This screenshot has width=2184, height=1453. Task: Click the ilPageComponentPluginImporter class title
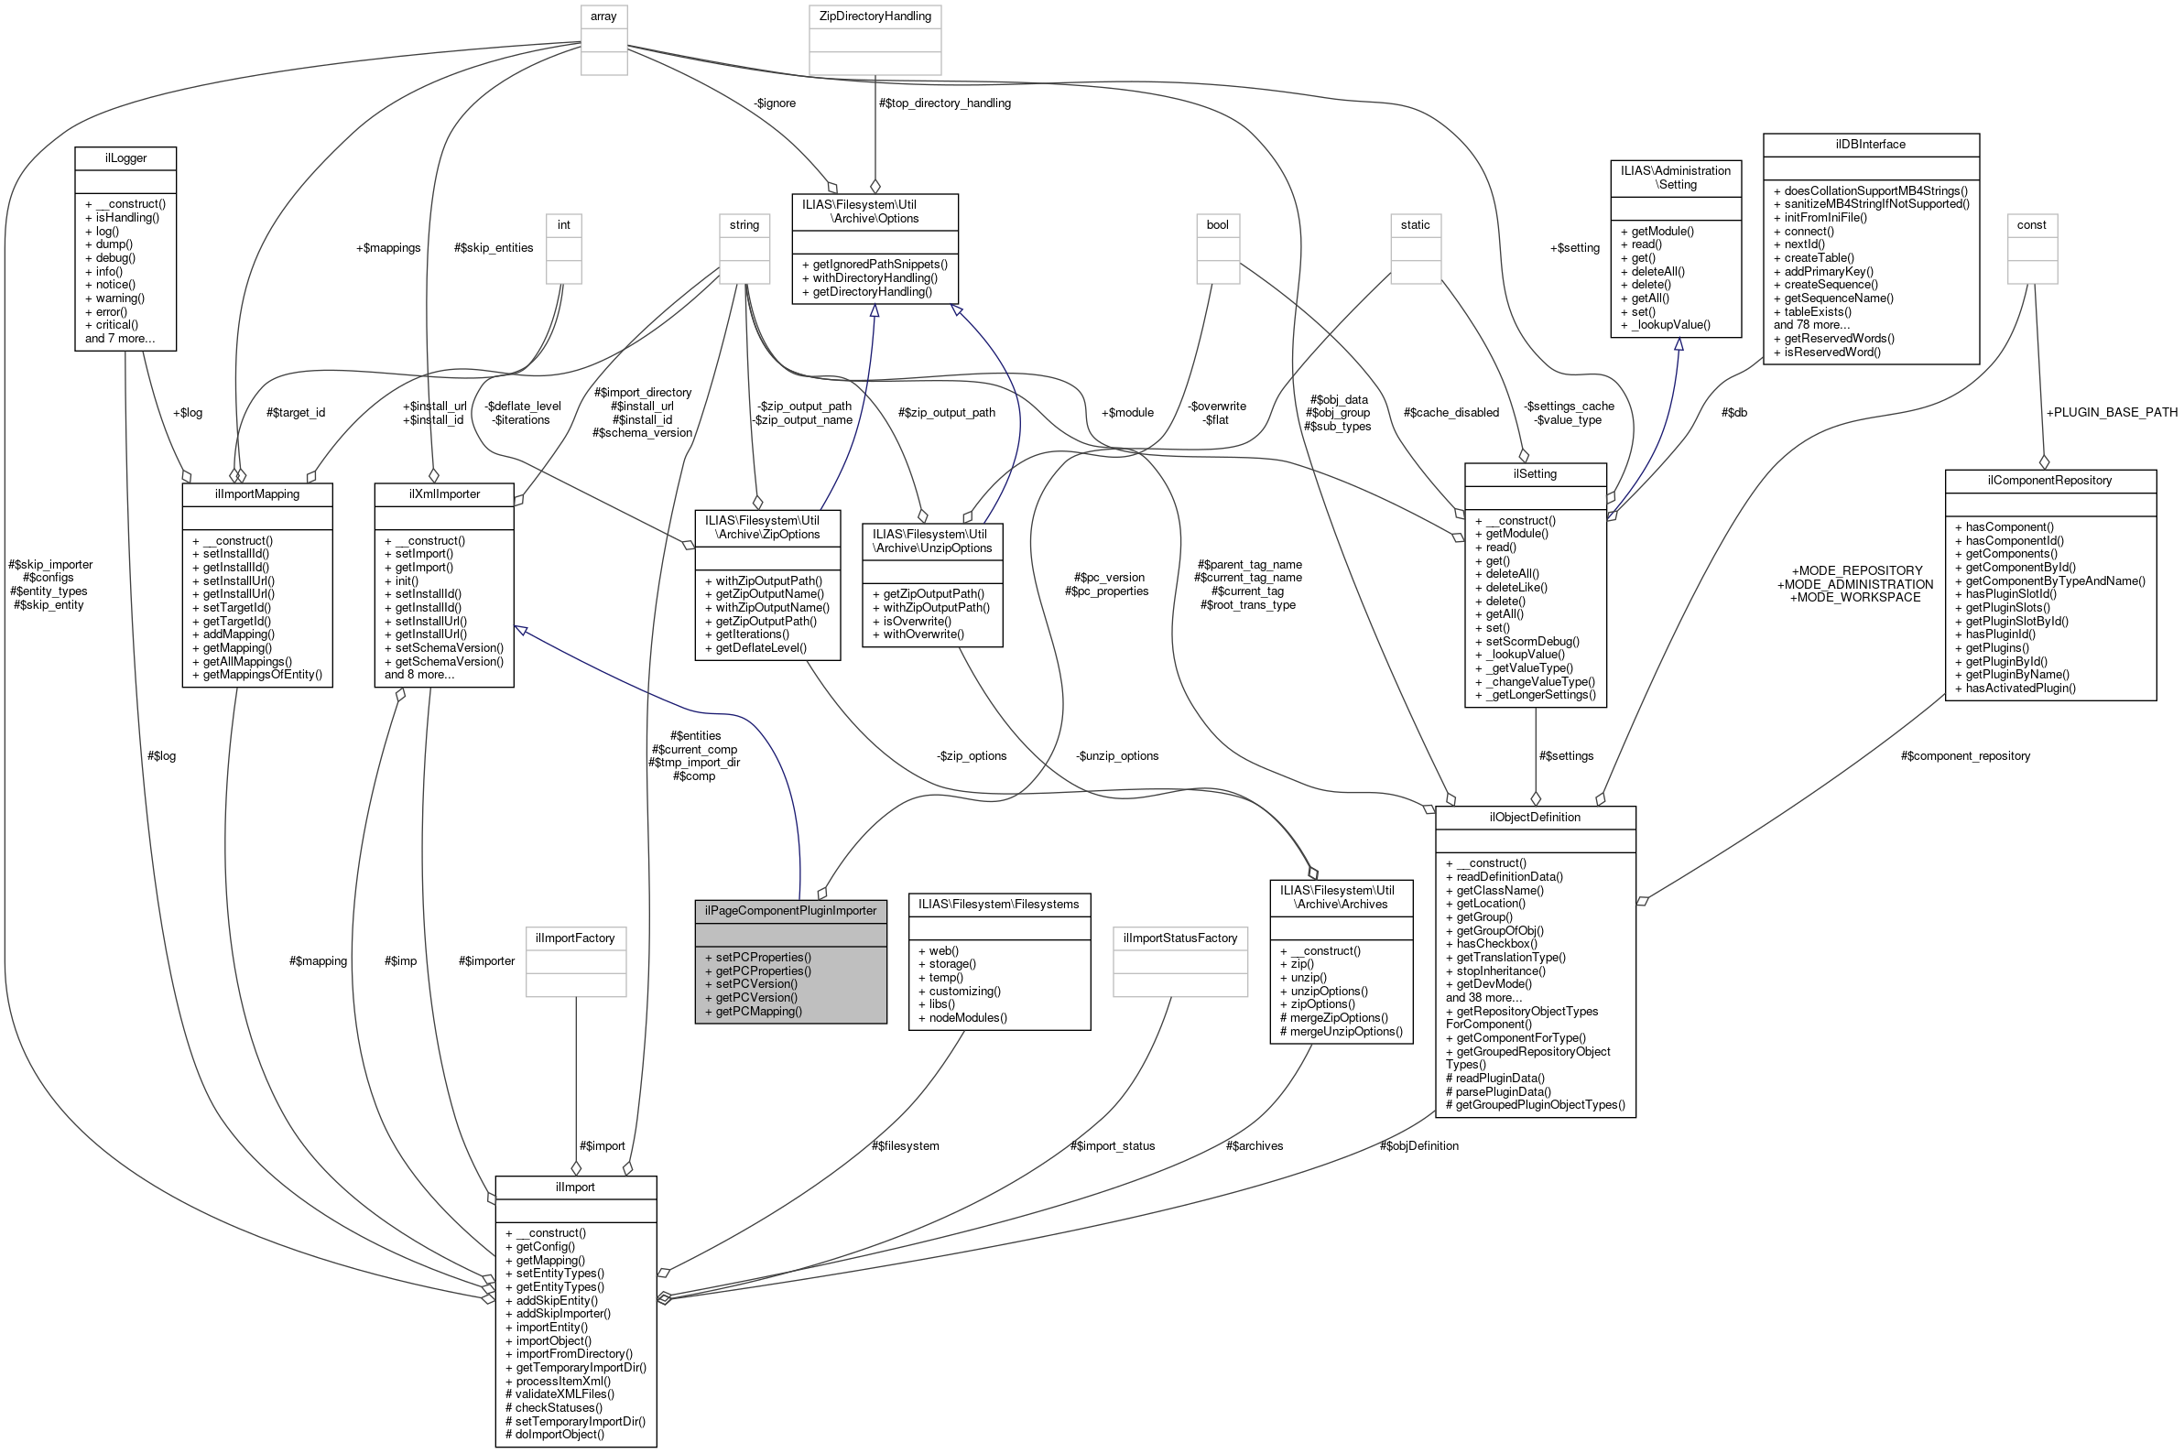[789, 910]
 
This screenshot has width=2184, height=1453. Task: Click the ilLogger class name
[125, 158]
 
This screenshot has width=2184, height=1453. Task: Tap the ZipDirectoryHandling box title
[875, 16]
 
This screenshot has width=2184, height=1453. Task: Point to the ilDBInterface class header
[1870, 145]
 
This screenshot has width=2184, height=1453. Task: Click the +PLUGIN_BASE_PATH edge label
[2111, 412]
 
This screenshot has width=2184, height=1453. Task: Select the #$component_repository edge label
[1964, 756]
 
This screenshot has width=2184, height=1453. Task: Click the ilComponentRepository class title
[2048, 480]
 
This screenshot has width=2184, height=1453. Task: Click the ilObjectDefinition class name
[1535, 818]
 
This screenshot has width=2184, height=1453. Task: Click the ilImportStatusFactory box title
[1179, 938]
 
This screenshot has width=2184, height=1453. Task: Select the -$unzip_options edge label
[1116, 756]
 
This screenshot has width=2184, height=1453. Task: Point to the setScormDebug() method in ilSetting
[1532, 641]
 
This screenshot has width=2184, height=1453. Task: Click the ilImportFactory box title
[575, 938]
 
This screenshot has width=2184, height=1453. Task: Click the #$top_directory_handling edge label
[943, 103]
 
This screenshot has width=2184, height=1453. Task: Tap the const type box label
[2031, 225]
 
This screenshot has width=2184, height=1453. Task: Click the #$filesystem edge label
[905, 1146]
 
